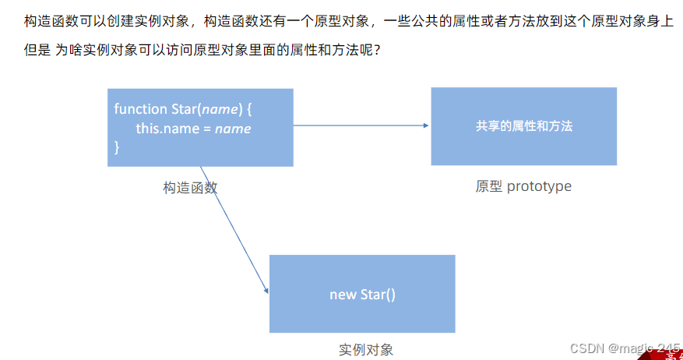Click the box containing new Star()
coord(362,294)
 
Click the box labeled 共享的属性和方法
coord(523,125)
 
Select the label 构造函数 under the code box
coord(190,188)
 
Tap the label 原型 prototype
coord(523,186)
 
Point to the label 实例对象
coord(366,349)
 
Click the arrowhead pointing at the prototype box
coord(425,125)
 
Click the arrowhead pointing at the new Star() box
coord(266,290)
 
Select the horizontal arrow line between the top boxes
coord(358,125)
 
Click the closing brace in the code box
coord(117,146)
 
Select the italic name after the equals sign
coord(233,128)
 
